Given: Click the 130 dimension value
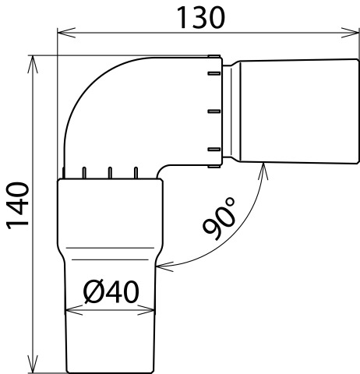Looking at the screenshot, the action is pos(200,18).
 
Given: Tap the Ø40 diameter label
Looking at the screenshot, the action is pos(111,291).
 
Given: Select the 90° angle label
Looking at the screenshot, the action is pos(220,219).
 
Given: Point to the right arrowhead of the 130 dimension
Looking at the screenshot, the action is pos(351,33).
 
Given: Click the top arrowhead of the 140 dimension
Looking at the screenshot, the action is pos(33,65).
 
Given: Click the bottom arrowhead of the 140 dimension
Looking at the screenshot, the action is pos(33,364).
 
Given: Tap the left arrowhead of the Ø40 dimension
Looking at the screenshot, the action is pos(74,310).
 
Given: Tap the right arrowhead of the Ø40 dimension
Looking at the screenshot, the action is pos(146,310).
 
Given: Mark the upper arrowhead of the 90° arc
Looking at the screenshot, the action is pos(263,171).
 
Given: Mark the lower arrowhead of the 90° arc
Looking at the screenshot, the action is pos(164,266).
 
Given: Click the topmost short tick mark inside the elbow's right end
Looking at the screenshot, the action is pos(214,73).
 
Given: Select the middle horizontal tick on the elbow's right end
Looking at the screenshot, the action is pos(214,111).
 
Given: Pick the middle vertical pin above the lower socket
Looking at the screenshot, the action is pos(110,173).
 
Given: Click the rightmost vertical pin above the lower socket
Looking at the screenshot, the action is pos(136,173).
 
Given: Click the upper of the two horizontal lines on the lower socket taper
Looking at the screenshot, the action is pos(110,248).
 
